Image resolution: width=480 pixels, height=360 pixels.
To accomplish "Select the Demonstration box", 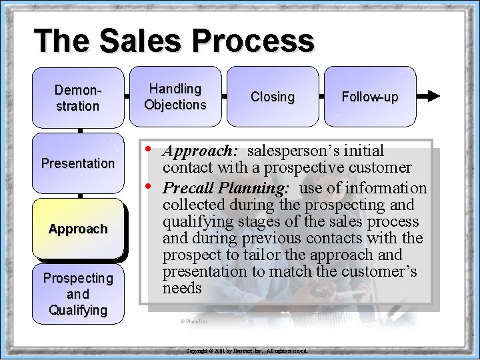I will click(78, 97).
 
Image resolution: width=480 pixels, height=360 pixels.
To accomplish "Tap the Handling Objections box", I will click(175, 97).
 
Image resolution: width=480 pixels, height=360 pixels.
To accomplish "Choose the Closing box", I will click(272, 97).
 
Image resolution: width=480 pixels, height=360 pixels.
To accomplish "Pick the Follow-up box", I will click(369, 97).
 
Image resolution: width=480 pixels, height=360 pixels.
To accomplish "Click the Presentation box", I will click(78, 163).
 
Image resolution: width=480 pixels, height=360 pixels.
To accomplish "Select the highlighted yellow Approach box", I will click(78, 229).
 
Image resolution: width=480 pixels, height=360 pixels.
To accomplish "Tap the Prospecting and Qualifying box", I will click(78, 294).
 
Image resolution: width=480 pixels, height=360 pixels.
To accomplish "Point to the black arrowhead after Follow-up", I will click(433, 96).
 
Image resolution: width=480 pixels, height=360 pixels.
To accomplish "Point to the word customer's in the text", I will click(379, 271).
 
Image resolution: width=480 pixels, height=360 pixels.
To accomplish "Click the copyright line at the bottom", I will click(246, 350).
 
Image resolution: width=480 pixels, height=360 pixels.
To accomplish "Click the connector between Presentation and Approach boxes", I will click(79, 196).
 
